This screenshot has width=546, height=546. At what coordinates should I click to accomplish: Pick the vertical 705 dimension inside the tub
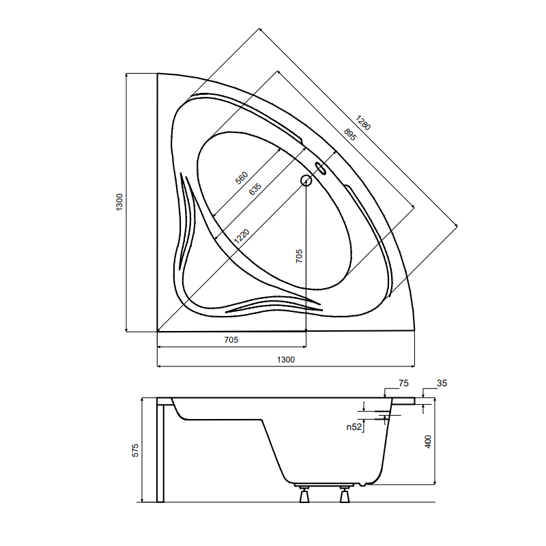(x=299, y=256)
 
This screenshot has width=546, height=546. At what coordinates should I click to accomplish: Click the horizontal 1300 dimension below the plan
(x=285, y=359)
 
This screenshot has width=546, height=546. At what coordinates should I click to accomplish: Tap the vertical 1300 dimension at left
(x=119, y=201)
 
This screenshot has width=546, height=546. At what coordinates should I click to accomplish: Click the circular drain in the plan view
(x=306, y=181)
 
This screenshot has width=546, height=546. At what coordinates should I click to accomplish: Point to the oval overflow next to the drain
(x=319, y=168)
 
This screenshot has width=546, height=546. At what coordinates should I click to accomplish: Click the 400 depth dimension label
(x=428, y=442)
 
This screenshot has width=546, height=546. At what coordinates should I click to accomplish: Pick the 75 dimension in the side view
(x=403, y=384)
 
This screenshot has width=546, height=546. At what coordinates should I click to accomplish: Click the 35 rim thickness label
(x=442, y=384)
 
